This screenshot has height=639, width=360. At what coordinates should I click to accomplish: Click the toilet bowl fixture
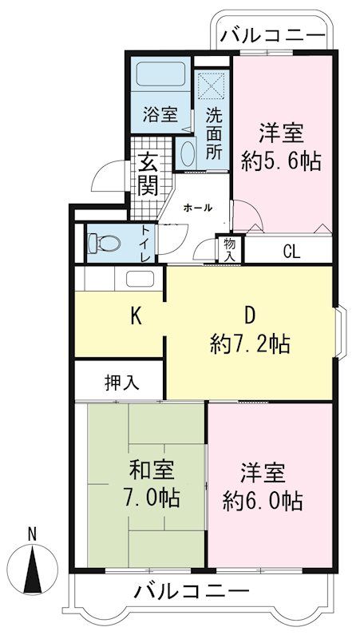point(105,244)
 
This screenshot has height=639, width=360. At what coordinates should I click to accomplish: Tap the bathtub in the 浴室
point(160,73)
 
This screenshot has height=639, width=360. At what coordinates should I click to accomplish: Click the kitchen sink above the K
point(140,279)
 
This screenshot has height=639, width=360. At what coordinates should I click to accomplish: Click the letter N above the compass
point(32,534)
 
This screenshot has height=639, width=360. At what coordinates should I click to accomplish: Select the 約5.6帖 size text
point(281,161)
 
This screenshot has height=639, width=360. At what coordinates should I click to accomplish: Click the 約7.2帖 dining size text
point(250,343)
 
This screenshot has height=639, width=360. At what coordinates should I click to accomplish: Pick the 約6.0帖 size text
point(263,502)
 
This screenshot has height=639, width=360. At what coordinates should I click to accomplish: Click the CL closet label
point(291,252)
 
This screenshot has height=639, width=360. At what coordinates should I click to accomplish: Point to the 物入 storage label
point(229,249)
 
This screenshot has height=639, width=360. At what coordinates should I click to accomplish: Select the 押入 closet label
point(117,383)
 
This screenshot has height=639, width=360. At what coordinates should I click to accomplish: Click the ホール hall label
point(198,208)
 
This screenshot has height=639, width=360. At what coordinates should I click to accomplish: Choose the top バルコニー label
point(273,34)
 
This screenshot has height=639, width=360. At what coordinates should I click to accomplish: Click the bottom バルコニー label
point(192,589)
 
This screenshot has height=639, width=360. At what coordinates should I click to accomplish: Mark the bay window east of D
point(341,333)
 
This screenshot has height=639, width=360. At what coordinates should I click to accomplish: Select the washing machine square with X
point(211,85)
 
